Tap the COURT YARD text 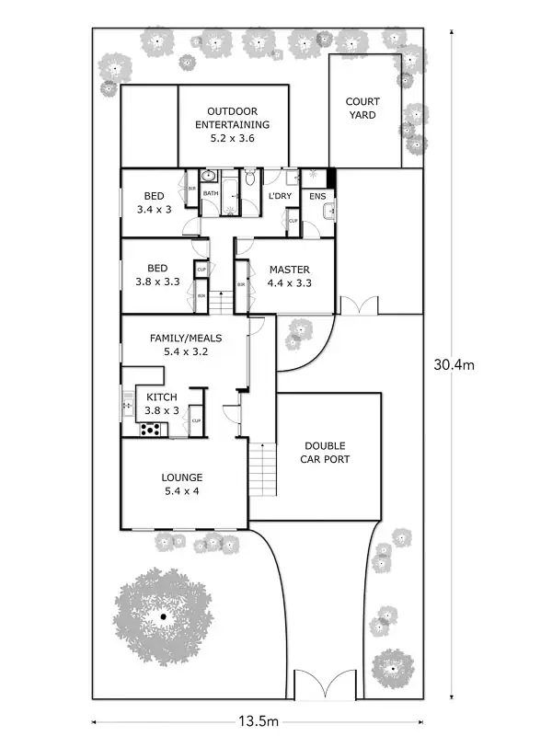click(362, 109)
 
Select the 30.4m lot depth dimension click(454, 364)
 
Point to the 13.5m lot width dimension click(258, 720)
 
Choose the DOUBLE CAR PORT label click(327, 452)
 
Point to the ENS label click(317, 196)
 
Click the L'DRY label click(280, 196)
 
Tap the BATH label click(211, 193)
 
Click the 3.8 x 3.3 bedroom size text click(157, 283)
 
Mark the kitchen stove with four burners click(150, 429)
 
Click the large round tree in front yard click(163, 615)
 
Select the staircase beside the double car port click(262, 468)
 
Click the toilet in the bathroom click(249, 175)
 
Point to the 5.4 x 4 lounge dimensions click(181, 491)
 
